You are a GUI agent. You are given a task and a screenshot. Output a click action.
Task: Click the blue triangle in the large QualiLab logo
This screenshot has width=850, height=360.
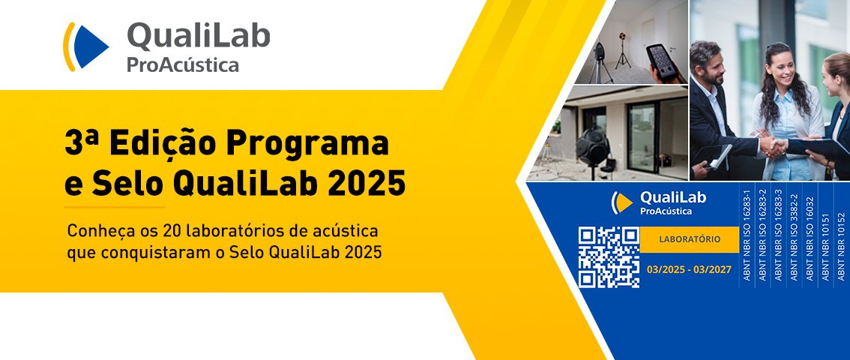tap(89, 46)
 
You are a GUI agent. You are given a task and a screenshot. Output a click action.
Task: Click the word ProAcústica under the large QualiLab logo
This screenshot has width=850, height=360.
tap(183, 65)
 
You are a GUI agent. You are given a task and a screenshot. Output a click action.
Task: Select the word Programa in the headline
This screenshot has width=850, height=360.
tap(307, 144)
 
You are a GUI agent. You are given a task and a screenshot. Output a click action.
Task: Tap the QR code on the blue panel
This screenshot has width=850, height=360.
tap(608, 257)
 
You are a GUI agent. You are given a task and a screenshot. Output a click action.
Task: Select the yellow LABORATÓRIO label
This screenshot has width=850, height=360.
tap(690, 239)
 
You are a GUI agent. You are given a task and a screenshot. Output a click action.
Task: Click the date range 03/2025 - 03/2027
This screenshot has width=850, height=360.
tap(689, 269)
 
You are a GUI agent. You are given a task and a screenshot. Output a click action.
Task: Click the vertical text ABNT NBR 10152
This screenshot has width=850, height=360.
tap(841, 247)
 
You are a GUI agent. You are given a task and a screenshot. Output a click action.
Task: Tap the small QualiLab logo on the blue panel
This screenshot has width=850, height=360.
tap(659, 202)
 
